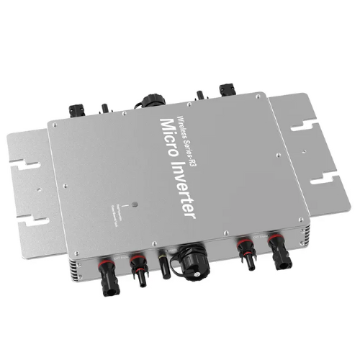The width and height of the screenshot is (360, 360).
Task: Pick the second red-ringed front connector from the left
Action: (137, 267)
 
